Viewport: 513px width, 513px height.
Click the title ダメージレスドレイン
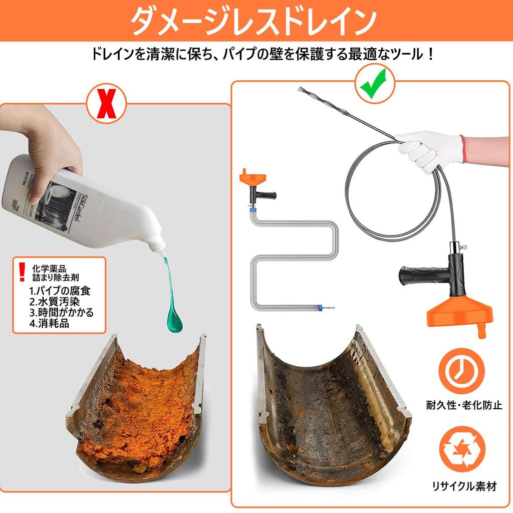pyautogui.click(x=256, y=21)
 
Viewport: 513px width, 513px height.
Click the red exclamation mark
pyautogui.click(x=21, y=271)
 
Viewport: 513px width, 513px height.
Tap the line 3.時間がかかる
pyautogui.click(x=61, y=313)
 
